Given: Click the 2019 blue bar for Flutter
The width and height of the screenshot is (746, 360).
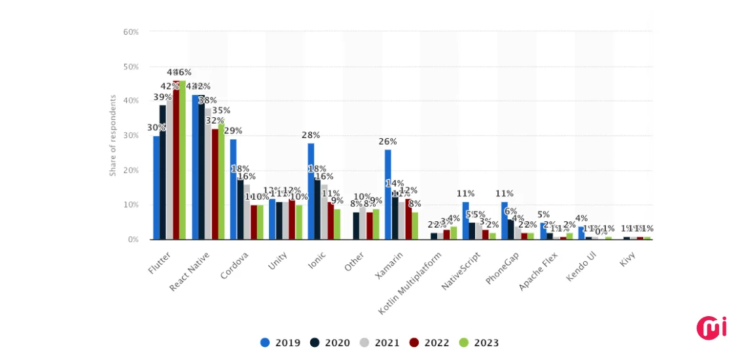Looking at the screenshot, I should (156, 187).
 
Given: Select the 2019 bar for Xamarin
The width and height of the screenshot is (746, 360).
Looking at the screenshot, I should (388, 194).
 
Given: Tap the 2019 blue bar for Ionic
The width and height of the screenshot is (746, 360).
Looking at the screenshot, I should (311, 191).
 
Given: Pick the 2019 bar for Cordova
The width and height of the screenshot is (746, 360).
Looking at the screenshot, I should (233, 189).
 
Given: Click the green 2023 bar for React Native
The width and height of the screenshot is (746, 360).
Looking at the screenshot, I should (221, 182).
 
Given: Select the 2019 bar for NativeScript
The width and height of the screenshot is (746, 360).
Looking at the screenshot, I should (465, 221).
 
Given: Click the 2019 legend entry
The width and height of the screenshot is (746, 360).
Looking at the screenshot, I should (280, 343).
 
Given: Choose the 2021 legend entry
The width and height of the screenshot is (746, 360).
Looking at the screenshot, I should (380, 343).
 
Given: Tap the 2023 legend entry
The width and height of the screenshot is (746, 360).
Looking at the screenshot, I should (479, 343).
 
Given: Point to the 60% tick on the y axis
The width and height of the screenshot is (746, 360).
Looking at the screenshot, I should (131, 32).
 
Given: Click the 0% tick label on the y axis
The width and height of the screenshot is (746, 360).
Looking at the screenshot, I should (133, 240).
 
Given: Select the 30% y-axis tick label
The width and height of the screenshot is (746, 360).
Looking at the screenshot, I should (131, 135).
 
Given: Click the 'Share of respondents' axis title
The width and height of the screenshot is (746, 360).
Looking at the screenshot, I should (113, 135).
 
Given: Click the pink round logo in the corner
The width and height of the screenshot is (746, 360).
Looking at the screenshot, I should (711, 328).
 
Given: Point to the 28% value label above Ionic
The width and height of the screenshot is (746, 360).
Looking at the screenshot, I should (311, 135).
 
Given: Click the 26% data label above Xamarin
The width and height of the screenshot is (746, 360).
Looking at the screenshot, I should (388, 142).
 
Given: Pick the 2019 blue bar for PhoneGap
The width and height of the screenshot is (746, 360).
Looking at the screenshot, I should (505, 221).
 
